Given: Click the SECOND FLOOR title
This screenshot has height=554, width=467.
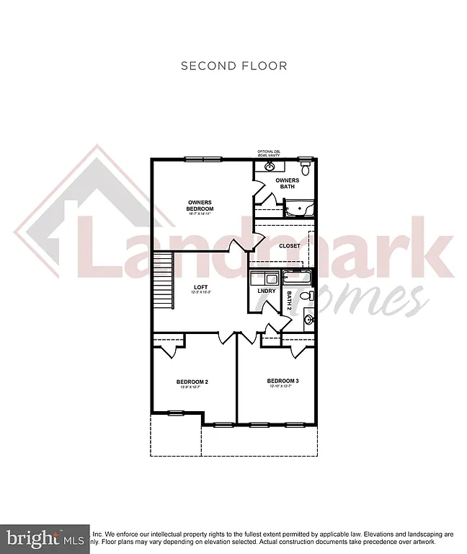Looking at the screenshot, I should click(x=233, y=66).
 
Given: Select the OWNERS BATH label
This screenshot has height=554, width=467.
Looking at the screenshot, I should click(x=288, y=183).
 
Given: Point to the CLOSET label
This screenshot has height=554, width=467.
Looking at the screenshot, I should click(x=290, y=246).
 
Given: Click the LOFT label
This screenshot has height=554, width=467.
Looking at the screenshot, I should click(x=200, y=288).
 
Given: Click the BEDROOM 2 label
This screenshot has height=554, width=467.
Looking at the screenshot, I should click(x=192, y=382).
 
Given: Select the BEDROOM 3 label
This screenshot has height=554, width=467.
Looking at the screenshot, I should click(x=283, y=381).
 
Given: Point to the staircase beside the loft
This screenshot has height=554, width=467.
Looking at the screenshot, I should click(x=165, y=281).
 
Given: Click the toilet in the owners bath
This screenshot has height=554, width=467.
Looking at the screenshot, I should click(x=306, y=170).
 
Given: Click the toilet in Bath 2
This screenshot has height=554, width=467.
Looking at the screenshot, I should click(x=306, y=296).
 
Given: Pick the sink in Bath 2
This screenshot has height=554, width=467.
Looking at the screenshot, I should click(x=308, y=319).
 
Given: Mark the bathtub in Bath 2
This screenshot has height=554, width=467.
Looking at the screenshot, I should click(x=296, y=277).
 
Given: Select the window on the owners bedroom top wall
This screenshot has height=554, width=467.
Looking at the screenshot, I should click(x=203, y=159).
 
